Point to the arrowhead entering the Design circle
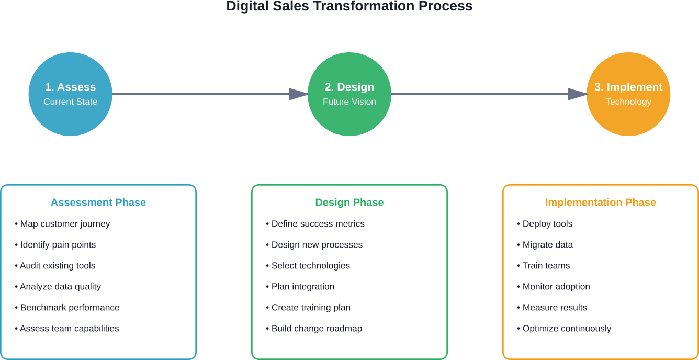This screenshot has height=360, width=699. pyautogui.click(x=298, y=94)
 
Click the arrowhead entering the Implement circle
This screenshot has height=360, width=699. pyautogui.click(x=578, y=94)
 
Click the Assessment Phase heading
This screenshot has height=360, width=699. pyautogui.click(x=98, y=203)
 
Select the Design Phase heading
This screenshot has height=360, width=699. pyautogui.click(x=349, y=203)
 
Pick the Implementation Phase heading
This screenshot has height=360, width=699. pyautogui.click(x=600, y=203)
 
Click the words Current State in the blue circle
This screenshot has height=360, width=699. pyautogui.click(x=70, y=102)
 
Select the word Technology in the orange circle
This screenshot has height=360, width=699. pyautogui.click(x=628, y=102)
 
